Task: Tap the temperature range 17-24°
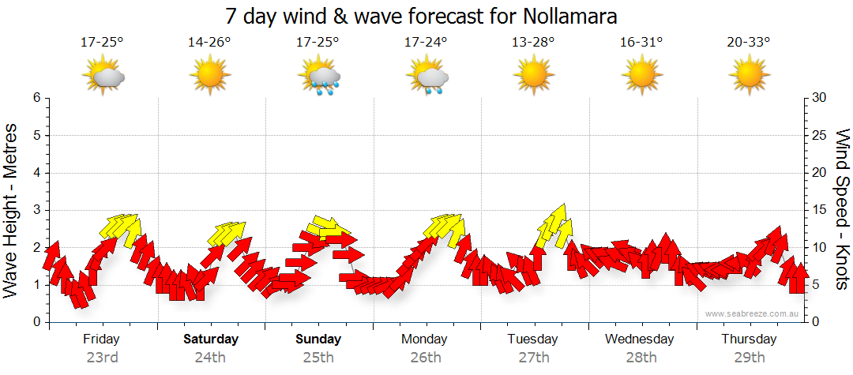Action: point(426,43)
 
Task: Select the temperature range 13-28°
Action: point(534,43)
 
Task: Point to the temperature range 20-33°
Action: point(749,43)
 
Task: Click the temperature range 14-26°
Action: point(210,43)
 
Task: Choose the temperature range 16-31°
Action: point(641,43)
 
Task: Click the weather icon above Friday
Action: point(103,76)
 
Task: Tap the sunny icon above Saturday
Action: point(210,76)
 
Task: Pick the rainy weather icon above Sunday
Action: point(319,77)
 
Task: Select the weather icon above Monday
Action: point(427,77)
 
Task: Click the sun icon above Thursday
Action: point(749,76)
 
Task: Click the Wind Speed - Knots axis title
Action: point(842,208)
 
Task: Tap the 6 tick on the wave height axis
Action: point(36,98)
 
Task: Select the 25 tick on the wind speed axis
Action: point(821,135)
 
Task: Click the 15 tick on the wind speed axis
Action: point(821,210)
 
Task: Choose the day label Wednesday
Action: point(640,339)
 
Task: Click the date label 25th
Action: point(318,358)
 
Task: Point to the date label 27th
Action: point(534,358)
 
